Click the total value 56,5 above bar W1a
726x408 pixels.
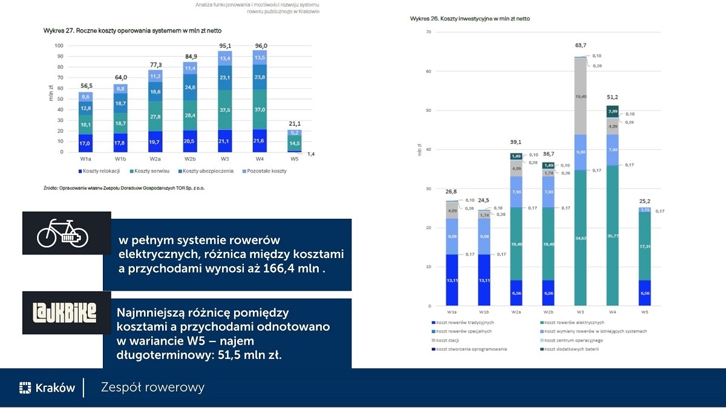pyautogui.click(x=86, y=86)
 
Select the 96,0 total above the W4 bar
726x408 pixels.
pyautogui.click(x=261, y=45)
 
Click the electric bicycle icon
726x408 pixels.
pyautogui.click(x=63, y=233)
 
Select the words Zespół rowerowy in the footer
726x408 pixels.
pyautogui.click(x=152, y=387)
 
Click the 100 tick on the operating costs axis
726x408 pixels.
pyautogui.click(x=59, y=45)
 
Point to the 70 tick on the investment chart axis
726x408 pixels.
pyautogui.click(x=428, y=32)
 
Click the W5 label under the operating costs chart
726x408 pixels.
pyautogui.click(x=295, y=160)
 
